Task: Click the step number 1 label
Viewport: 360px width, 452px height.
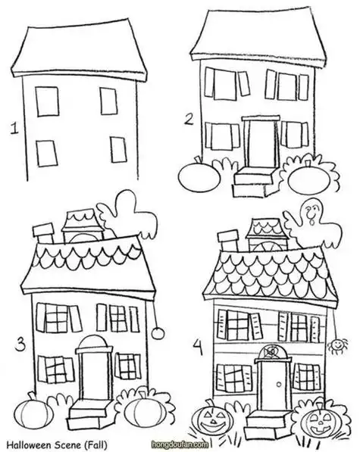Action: point(14,128)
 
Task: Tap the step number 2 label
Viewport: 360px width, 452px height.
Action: point(189,119)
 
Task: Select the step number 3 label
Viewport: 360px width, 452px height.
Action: point(20,345)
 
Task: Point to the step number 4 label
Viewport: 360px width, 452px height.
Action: point(198,347)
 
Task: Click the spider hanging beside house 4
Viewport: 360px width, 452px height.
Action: point(337,345)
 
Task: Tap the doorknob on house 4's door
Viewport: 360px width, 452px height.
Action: point(279,384)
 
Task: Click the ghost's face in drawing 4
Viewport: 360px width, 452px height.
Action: point(311,213)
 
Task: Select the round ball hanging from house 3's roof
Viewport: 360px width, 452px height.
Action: point(158,333)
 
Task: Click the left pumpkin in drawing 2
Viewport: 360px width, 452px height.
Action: point(199,177)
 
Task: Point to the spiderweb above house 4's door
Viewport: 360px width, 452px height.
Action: point(271,351)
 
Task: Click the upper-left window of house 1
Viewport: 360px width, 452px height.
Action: point(47,101)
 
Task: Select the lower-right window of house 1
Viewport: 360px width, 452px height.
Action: point(118,150)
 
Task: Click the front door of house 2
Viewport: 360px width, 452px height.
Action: point(261,144)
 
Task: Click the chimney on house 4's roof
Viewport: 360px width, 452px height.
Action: point(230,242)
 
